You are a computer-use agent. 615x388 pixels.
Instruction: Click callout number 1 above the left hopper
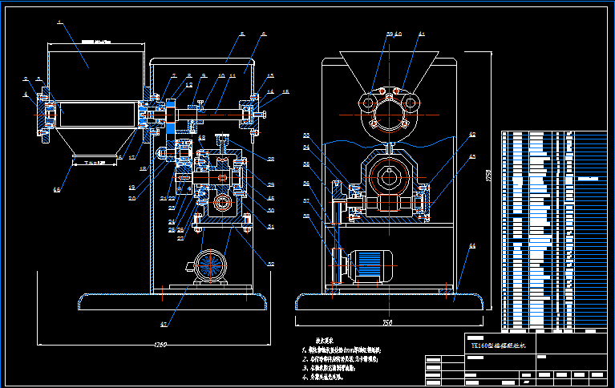pos(59,23)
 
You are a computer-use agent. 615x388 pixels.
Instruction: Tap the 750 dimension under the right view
pos(387,322)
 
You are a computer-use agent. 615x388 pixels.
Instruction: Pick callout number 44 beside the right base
pos(472,245)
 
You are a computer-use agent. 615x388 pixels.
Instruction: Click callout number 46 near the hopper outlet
pos(56,189)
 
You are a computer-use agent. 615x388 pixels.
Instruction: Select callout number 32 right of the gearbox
pos(270,263)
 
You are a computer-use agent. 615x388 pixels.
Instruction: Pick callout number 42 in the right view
pos(472,134)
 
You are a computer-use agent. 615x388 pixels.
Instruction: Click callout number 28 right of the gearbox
pos(270,158)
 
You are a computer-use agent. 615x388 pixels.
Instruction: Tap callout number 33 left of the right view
pos(306,135)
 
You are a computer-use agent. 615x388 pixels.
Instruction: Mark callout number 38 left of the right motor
pos(306,215)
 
